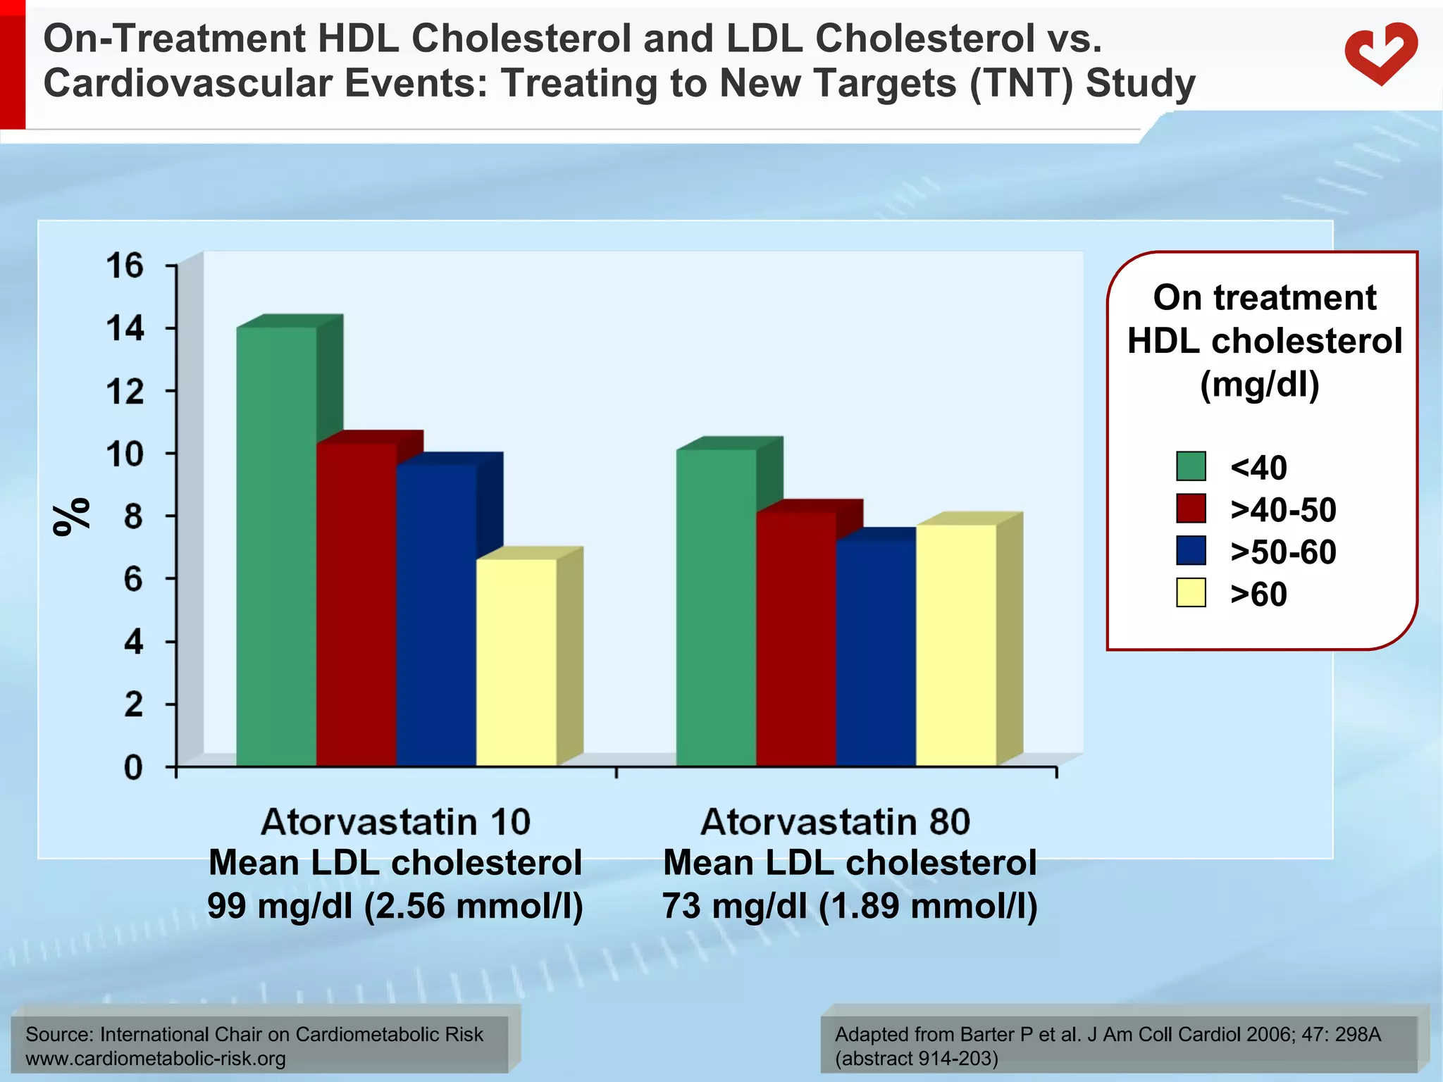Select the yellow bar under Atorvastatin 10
(516, 662)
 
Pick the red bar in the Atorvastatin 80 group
(796, 638)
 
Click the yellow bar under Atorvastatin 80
(956, 645)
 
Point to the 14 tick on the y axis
(125, 328)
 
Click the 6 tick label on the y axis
(133, 579)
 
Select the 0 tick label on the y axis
(133, 767)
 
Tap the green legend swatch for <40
(1191, 466)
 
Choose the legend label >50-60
(1282, 552)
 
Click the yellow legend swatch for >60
(1191, 592)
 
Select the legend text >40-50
(1282, 509)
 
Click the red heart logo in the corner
(1380, 53)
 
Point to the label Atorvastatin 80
(836, 822)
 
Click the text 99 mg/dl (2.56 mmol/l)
(395, 905)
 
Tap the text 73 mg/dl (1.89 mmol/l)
(850, 905)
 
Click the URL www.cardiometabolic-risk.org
(156, 1058)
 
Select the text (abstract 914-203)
(916, 1058)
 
